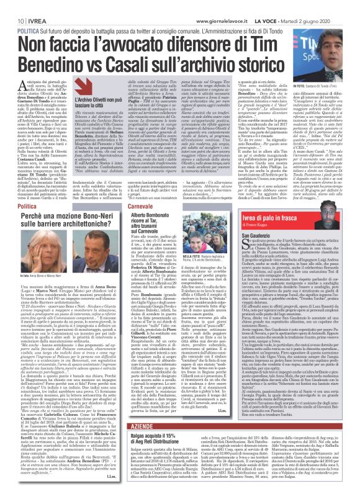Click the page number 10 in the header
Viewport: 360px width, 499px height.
tap(11, 5)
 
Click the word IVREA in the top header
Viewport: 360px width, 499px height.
tap(29, 5)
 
